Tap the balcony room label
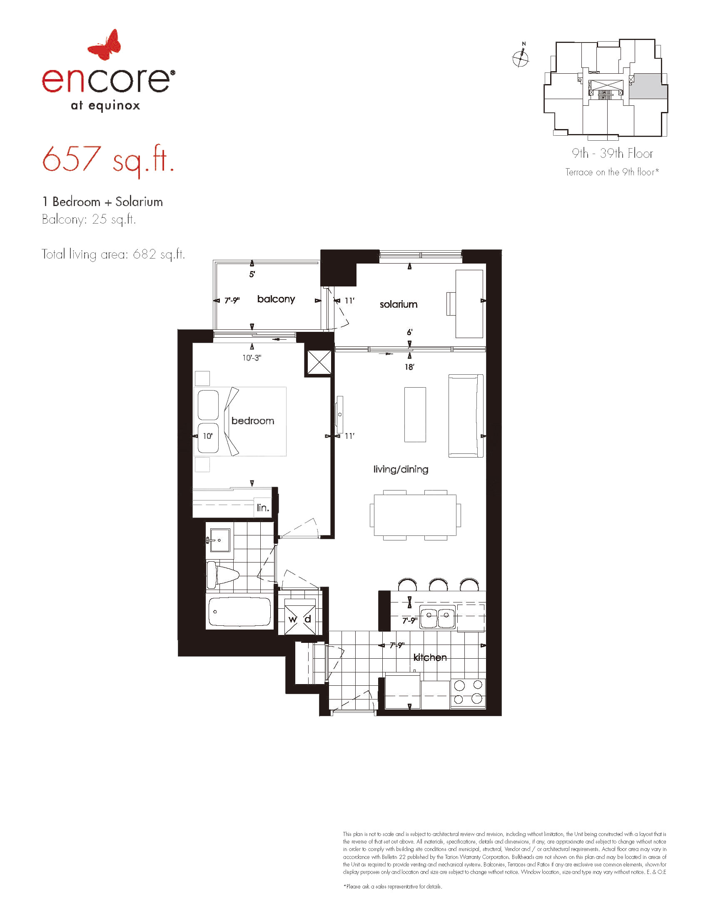(x=276, y=299)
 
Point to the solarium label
(x=399, y=304)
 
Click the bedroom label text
(x=252, y=421)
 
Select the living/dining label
(x=401, y=469)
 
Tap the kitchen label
(x=430, y=657)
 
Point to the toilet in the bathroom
(x=222, y=573)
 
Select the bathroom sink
(x=219, y=541)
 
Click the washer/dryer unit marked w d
(x=300, y=619)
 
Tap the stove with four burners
(x=468, y=693)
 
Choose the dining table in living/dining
(x=415, y=515)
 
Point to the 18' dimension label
(x=409, y=367)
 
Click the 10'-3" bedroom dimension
(x=252, y=358)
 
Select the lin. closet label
(x=263, y=508)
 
